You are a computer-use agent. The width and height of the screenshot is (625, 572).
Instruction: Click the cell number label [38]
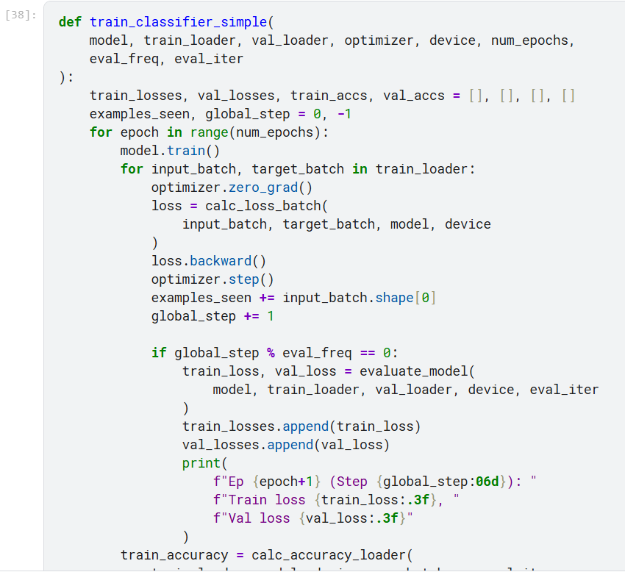(x=20, y=15)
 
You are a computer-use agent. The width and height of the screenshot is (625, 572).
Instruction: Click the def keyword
(x=70, y=21)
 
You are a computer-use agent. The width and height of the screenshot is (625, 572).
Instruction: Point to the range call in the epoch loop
(x=209, y=132)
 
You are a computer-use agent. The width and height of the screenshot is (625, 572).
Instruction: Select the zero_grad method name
(x=267, y=187)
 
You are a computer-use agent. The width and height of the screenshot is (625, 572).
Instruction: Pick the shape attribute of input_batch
(x=395, y=298)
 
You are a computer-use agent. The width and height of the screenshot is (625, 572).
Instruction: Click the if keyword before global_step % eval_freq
(x=159, y=353)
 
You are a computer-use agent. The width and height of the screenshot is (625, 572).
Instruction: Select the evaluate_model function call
(x=421, y=371)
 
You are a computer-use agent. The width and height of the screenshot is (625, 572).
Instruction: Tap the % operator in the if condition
(x=271, y=353)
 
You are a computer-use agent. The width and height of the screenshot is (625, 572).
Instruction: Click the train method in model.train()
(x=182, y=151)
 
